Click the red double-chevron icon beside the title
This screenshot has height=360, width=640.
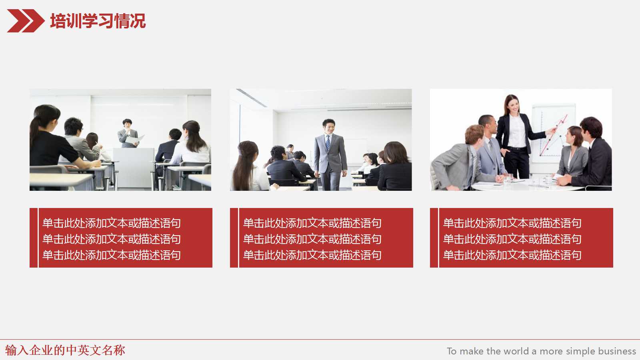(x=25, y=21)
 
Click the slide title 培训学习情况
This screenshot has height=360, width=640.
(x=98, y=21)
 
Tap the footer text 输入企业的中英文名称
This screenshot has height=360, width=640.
(x=65, y=350)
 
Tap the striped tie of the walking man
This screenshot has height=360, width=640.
(x=328, y=142)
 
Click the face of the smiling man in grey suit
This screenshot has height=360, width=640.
(x=329, y=127)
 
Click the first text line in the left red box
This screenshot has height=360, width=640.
(x=112, y=223)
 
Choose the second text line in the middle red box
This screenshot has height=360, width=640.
(x=312, y=239)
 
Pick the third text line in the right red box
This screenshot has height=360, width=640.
(x=512, y=255)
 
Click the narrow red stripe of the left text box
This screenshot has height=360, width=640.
(x=34, y=238)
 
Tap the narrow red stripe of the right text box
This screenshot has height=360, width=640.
(x=434, y=238)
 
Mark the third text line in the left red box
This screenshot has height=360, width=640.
(x=112, y=255)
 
